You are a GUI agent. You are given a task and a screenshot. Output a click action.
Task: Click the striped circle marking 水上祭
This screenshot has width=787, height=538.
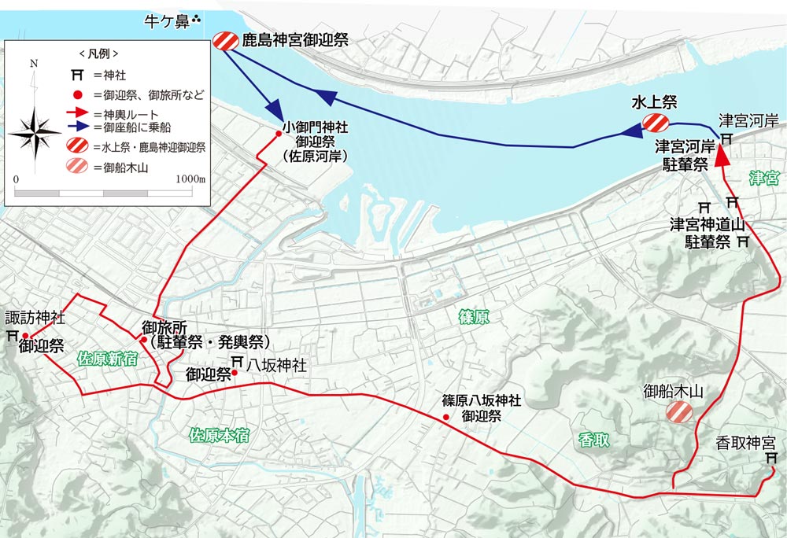click(x=655, y=123)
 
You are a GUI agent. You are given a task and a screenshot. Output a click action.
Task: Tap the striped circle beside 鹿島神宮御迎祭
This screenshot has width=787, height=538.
click(x=225, y=41)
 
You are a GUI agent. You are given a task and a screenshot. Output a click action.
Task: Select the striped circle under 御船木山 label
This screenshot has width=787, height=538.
click(x=678, y=411)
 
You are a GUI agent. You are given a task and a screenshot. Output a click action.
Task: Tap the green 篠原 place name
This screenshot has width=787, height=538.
click(x=475, y=317)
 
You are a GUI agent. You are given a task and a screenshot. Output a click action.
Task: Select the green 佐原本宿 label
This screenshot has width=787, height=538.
click(x=220, y=434)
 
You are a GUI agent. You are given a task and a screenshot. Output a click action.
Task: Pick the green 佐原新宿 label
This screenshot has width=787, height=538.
click(x=108, y=359)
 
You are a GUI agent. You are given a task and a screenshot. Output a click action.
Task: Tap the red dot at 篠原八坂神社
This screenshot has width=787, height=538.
click(x=446, y=417)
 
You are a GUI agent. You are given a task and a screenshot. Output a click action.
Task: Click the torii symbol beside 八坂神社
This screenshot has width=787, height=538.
click(x=237, y=362)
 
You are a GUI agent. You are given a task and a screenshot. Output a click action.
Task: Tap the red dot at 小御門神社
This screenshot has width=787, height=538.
click(x=279, y=134)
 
